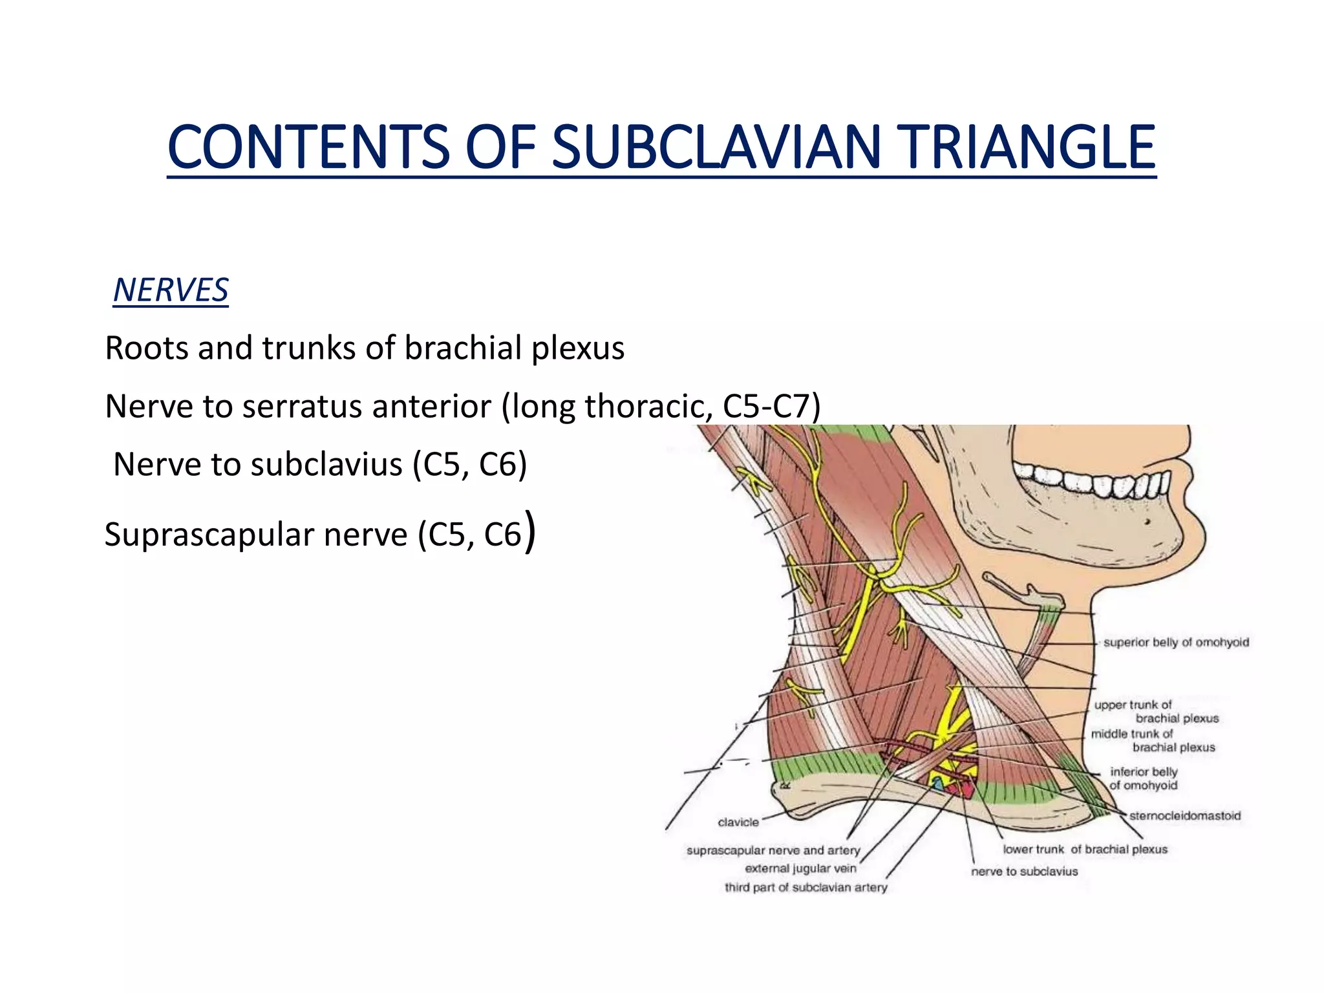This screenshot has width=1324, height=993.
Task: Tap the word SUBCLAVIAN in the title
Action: tap(717, 147)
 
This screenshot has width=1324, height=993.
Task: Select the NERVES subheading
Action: tap(171, 290)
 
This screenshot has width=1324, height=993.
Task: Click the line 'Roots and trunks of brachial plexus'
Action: tap(365, 348)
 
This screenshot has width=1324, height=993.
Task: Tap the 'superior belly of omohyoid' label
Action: tap(1176, 642)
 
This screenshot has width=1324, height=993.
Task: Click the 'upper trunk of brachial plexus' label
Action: tap(1156, 712)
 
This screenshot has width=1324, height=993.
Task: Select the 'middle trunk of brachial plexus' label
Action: tap(1153, 741)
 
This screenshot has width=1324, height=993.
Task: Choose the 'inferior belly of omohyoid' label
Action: tap(1144, 778)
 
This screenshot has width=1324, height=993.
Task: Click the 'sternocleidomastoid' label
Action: tap(1185, 816)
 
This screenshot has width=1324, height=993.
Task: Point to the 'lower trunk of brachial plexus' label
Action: tap(1085, 849)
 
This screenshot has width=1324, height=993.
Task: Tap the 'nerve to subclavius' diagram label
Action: tap(1025, 871)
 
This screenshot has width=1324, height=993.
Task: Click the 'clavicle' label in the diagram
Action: tap(738, 822)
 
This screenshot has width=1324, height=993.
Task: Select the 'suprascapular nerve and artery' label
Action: tap(773, 851)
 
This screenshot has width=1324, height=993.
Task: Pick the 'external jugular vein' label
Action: tap(800, 869)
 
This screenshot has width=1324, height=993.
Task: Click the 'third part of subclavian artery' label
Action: tap(806, 888)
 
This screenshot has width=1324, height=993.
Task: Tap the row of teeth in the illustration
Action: tap(1093, 482)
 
